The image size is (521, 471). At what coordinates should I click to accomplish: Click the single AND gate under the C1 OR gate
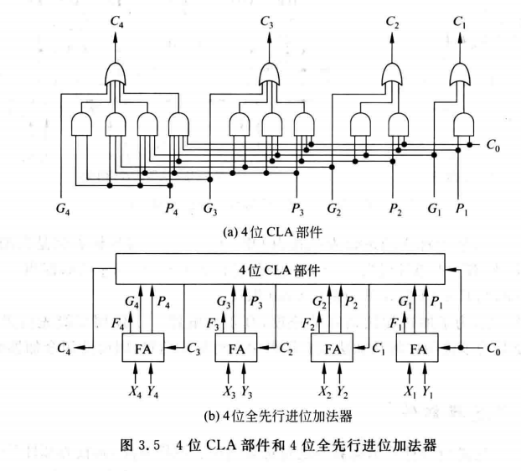pos(462,127)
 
